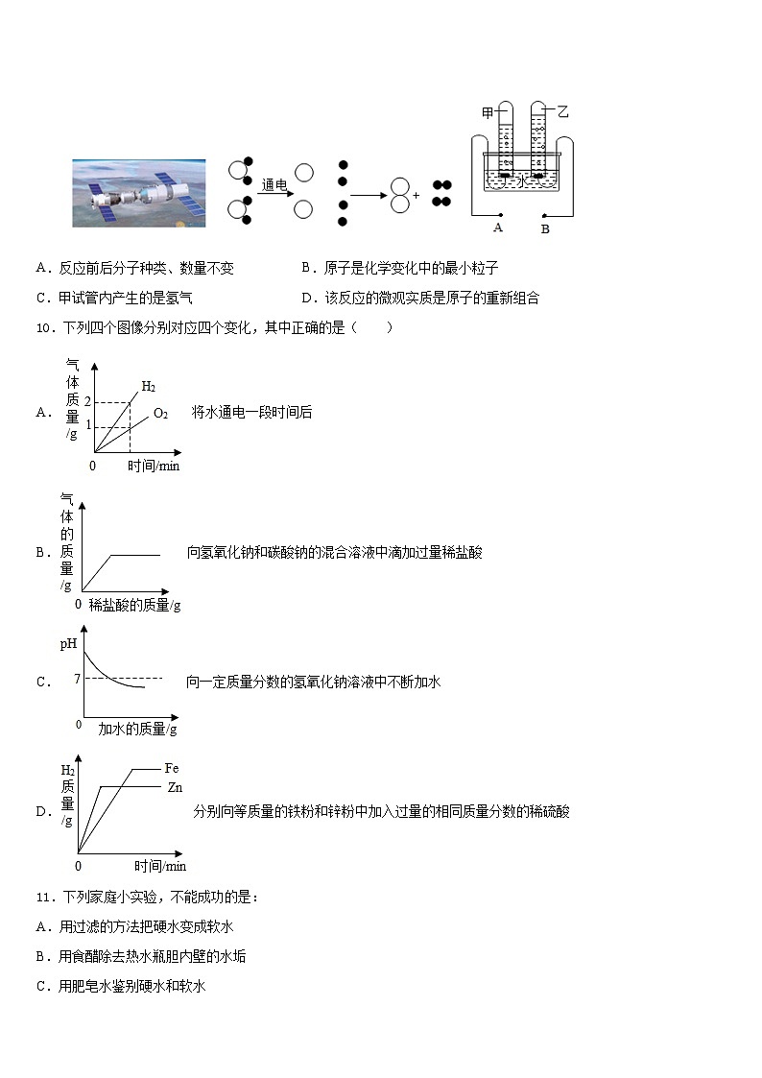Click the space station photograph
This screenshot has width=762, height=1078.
139,193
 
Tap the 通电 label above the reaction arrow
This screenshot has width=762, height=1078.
274,184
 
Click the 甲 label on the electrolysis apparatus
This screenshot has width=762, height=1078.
488,113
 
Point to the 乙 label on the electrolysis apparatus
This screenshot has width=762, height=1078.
562,112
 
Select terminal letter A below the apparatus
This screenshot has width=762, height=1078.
498,228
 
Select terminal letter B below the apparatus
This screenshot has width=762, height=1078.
545,229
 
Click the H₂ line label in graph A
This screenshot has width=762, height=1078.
149,387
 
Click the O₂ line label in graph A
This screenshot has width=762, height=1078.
160,414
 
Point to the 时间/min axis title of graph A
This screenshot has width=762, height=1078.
154,466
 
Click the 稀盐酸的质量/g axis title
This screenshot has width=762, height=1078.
134,605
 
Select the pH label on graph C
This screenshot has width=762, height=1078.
68,644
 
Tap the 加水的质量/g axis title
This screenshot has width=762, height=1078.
138,729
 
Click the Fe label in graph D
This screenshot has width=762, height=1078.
172,768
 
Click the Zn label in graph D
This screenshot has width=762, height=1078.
175,787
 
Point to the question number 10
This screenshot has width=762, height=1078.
44,328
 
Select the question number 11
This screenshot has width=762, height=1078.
44,898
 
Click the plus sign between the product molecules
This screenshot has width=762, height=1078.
417,194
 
